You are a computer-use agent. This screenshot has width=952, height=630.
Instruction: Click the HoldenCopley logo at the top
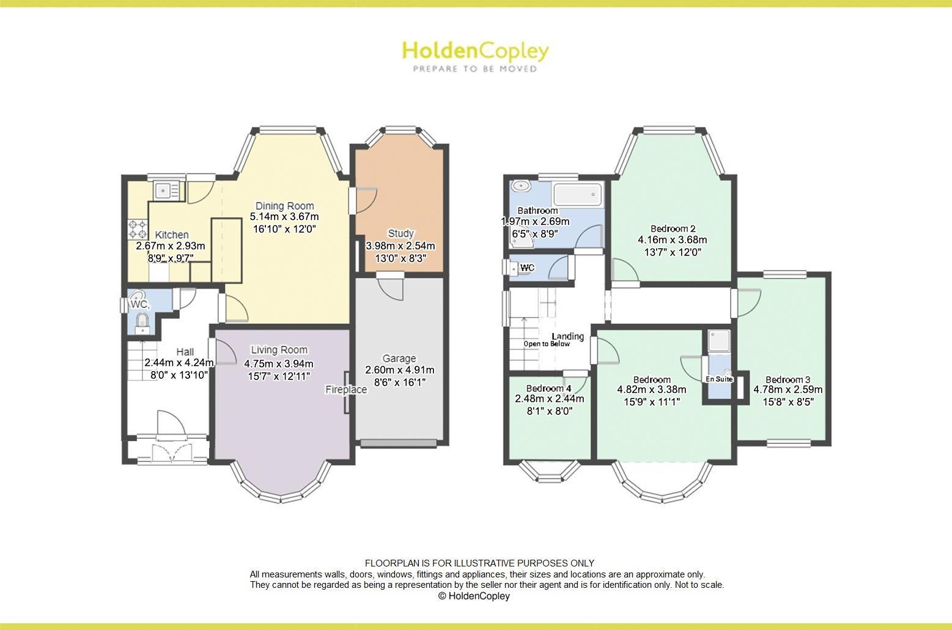tap(475, 51)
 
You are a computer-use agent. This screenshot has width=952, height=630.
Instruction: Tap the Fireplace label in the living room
tap(345, 389)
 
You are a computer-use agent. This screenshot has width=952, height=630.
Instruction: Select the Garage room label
tap(399, 358)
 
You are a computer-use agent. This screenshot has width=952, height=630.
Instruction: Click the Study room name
tap(400, 233)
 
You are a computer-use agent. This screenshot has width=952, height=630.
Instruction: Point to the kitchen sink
tap(164, 191)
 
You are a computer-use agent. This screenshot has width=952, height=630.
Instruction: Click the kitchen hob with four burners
tap(137, 229)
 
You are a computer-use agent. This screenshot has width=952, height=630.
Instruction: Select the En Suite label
tap(719, 379)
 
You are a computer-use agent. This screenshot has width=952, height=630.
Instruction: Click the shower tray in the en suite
tap(720, 342)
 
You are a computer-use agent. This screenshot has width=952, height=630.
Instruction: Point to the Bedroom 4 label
tap(548, 388)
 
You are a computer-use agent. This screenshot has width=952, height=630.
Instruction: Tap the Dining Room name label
tap(284, 206)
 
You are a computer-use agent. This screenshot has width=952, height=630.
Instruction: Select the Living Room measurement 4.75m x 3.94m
tap(279, 363)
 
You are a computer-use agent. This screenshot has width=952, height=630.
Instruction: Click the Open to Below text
tap(546, 343)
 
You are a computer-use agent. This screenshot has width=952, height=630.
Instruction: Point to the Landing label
tap(567, 336)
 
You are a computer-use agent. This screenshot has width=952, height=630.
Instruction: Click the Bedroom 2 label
tap(673, 229)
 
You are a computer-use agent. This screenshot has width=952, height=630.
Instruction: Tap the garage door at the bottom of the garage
tap(399, 442)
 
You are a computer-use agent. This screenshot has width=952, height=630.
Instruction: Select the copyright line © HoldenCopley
tap(474, 596)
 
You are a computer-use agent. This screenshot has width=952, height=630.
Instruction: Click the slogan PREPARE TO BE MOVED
tap(475, 69)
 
